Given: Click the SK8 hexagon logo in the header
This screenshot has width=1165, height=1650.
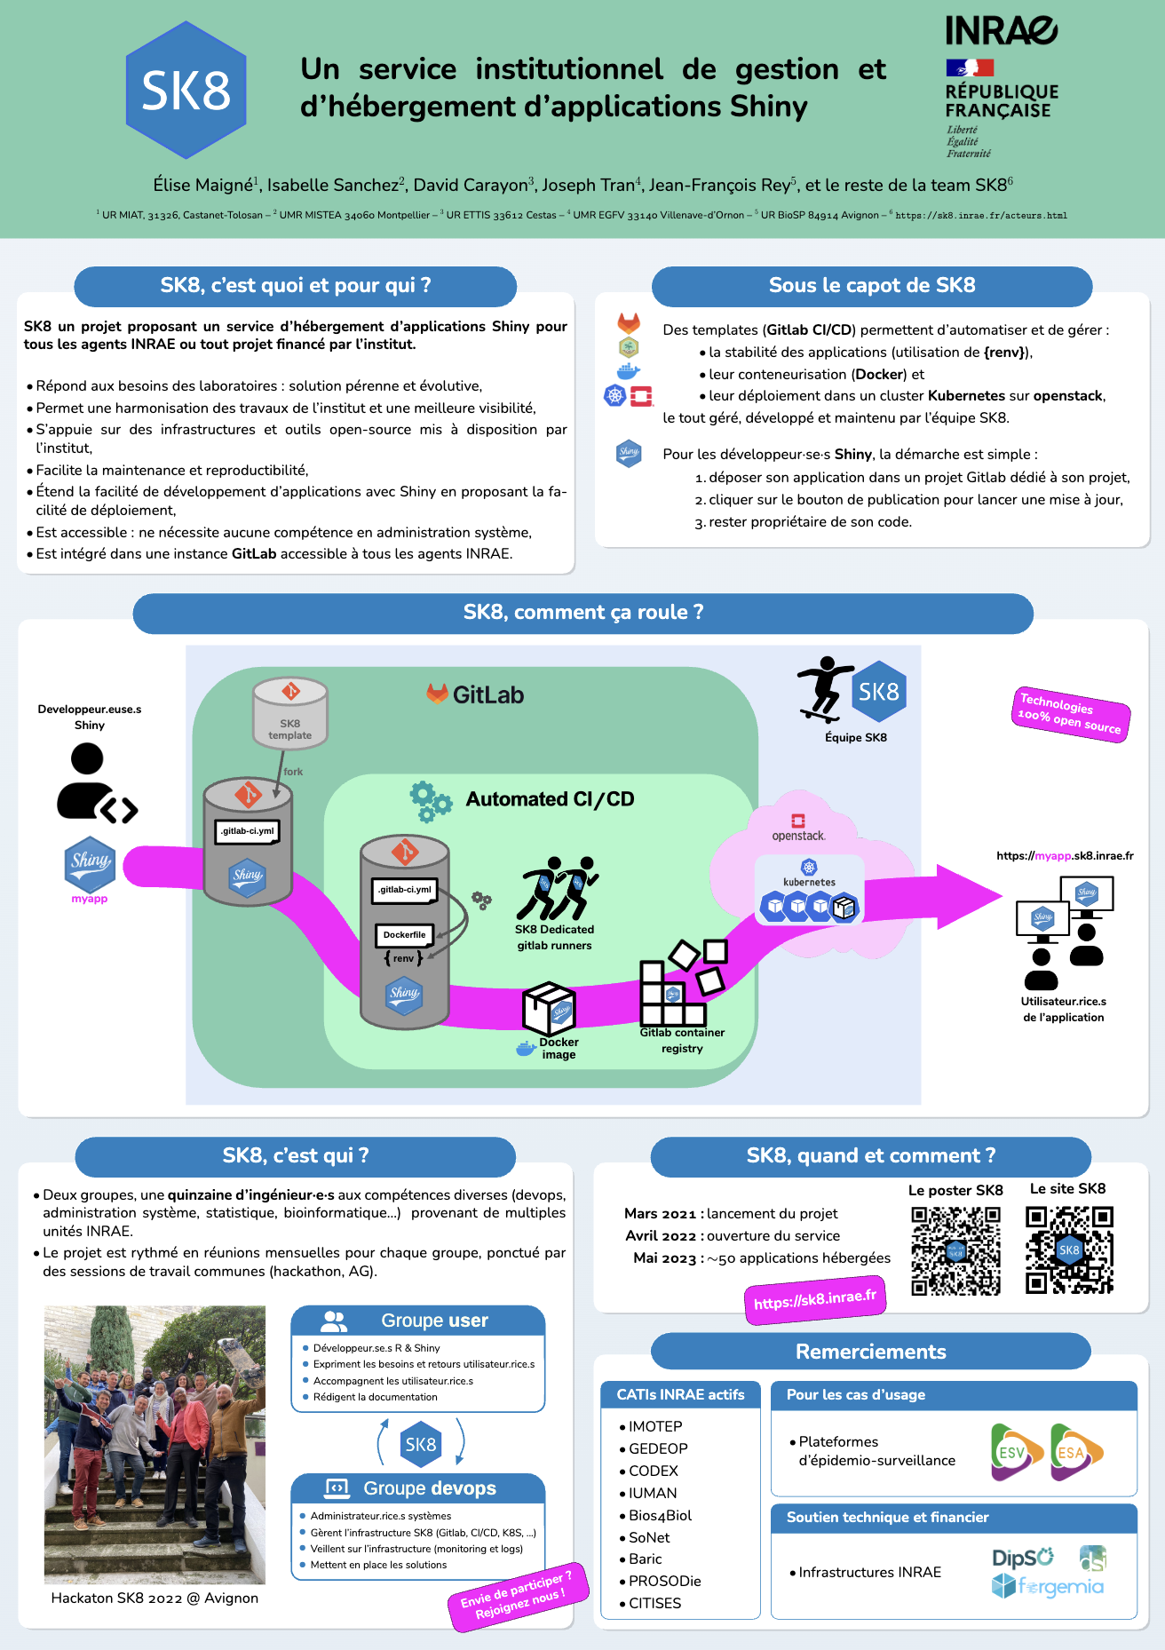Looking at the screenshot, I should pos(186,91).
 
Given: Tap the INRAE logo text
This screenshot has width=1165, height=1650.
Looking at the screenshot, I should pos(1001,31).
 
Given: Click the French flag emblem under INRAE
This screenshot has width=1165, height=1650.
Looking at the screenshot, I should pos(970,67).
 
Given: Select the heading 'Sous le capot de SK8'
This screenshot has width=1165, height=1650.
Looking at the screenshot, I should pos(871,286).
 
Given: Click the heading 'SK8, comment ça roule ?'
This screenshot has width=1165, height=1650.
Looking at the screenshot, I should pos(582,613).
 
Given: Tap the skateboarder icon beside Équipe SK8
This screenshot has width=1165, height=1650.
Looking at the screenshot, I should pos(823,689).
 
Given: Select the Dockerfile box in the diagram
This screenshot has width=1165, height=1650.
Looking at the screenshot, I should pos(404,935).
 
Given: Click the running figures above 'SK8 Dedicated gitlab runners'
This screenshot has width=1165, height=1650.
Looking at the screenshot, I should pos(557,888).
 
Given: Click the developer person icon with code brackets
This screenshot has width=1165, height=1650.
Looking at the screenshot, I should pos(93,784).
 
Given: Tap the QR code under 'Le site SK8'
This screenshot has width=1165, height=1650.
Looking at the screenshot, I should pos(1069,1249).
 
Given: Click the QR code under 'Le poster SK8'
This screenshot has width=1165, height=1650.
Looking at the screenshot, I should pos(955,1250).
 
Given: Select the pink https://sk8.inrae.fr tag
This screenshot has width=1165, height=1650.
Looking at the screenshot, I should pos(814,1300).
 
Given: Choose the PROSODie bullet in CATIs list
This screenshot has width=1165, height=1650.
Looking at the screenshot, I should pos(664,1581).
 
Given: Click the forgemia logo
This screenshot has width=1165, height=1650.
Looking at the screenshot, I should pos(1048,1586).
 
